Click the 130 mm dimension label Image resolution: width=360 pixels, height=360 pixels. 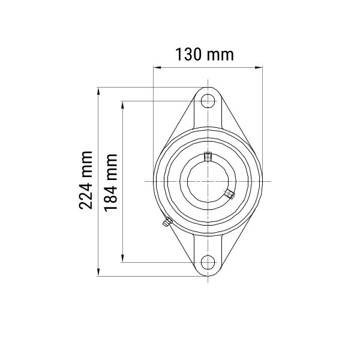tap(205, 55)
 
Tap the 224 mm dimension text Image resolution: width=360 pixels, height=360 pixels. tap(86, 181)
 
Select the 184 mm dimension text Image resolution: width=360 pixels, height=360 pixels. tap(110, 183)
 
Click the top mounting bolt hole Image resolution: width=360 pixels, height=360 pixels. tap(208, 101)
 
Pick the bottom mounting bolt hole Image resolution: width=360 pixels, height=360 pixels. tap(208, 262)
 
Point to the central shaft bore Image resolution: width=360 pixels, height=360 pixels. tap(208, 181)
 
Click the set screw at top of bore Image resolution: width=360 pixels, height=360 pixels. tap(208, 157)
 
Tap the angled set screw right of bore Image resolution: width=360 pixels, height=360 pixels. tap(230, 194)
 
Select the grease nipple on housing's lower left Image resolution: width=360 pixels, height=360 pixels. tap(167, 222)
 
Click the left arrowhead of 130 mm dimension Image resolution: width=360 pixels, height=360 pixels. tap(157, 67)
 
